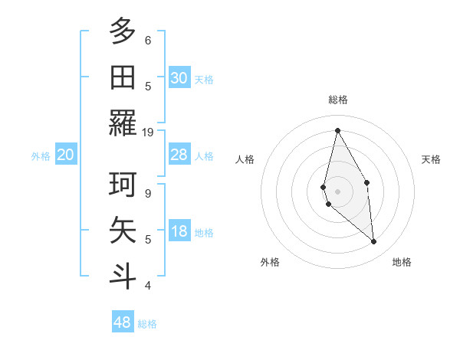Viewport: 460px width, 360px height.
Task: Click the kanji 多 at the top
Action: (x=123, y=32)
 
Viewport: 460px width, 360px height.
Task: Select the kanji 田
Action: (x=123, y=77)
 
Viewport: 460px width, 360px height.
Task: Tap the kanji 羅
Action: (x=123, y=123)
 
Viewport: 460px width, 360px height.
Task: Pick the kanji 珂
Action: (x=123, y=185)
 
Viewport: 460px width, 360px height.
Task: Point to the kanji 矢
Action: (x=123, y=230)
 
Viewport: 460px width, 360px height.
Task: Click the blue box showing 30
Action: (x=179, y=78)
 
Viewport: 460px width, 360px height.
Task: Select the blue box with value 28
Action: (x=179, y=155)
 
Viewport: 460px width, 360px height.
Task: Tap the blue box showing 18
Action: (x=179, y=232)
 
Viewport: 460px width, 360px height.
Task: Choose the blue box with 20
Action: (x=65, y=155)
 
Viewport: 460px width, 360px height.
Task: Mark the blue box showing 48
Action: (x=123, y=322)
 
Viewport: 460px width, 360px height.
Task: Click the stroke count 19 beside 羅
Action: (x=148, y=132)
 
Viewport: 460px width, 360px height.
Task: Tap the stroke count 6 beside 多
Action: (x=148, y=40)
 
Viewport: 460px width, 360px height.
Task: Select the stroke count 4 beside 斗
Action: (x=148, y=285)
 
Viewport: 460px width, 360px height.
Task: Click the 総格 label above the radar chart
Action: (x=338, y=100)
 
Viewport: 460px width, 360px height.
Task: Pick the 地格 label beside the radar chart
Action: (x=402, y=262)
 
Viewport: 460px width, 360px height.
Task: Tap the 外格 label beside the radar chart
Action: (x=270, y=262)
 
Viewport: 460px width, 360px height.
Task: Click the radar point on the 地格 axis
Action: (x=374, y=242)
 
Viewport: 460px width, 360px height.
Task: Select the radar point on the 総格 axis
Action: (x=337, y=129)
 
